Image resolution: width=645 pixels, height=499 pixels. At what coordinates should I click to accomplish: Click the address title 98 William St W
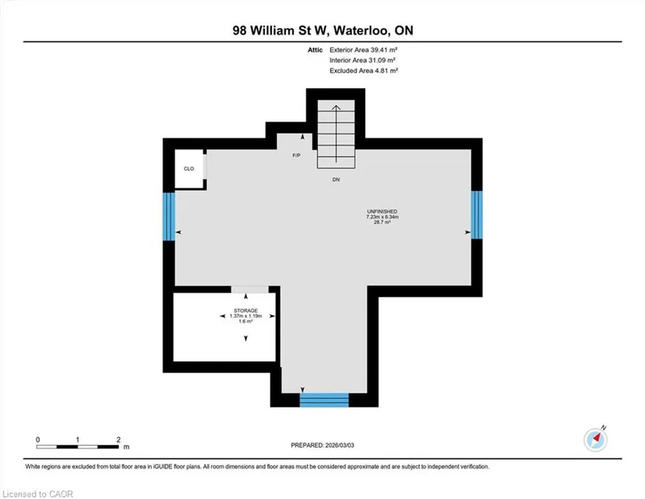click(x=281, y=31)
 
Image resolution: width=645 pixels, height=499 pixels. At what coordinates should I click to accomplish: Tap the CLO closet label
click(x=189, y=169)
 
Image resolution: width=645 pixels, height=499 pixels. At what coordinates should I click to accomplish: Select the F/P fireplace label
click(x=296, y=156)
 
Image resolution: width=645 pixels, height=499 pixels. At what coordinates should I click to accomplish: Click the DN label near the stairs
click(x=336, y=180)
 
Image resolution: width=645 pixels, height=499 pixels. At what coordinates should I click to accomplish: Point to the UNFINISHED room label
click(x=382, y=211)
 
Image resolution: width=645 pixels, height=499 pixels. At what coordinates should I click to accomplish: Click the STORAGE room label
click(x=246, y=311)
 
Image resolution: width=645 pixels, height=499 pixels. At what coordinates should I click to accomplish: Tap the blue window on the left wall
click(x=169, y=217)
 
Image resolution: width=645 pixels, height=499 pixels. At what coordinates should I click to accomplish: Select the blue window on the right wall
click(x=476, y=215)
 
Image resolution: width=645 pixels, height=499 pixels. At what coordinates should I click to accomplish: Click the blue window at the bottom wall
click(x=324, y=400)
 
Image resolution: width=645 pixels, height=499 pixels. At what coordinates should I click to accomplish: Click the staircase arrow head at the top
click(x=336, y=108)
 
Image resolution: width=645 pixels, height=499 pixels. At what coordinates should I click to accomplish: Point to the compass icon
click(x=596, y=440)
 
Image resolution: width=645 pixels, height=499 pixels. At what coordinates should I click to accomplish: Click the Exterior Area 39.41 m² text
click(x=364, y=50)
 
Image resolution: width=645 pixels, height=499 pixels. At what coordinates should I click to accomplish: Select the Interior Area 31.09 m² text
click(x=363, y=60)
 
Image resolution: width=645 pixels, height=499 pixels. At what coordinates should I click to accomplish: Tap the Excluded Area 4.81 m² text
click(x=364, y=70)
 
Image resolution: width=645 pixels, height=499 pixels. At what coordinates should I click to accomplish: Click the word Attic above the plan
click(x=315, y=50)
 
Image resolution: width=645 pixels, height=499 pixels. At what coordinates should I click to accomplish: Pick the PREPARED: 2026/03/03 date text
click(x=322, y=445)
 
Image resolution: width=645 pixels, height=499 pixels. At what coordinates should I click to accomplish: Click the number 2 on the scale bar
click(x=119, y=440)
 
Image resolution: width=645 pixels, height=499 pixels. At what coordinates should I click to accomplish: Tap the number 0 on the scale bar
click(x=38, y=440)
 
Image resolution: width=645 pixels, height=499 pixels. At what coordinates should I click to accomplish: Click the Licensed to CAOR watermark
click(x=38, y=494)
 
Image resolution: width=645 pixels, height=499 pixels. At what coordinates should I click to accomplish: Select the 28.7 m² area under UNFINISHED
click(x=382, y=222)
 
